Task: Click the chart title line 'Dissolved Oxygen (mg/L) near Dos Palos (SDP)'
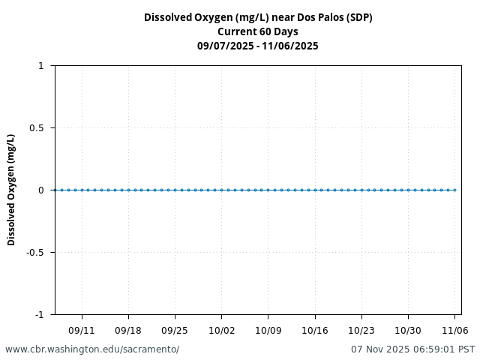point(258,17)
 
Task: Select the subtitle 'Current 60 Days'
point(258,31)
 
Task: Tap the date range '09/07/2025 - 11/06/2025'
point(258,46)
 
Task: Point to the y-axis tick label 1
point(41,66)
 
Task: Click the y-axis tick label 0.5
point(37,128)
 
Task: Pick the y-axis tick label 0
point(41,190)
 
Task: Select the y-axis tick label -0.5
point(35,253)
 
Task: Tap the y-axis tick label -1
point(39,314)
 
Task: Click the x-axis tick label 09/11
point(82,330)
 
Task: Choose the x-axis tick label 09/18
point(128,330)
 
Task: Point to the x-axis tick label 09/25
point(175,330)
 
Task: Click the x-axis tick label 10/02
point(221,330)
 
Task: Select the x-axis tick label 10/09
point(268,330)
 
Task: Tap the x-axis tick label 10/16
point(315,330)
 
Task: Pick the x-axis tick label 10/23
point(361,330)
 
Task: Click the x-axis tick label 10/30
point(408,330)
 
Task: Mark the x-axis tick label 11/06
point(454,330)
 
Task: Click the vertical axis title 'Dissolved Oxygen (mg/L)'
point(11,190)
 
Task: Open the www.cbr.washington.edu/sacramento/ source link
point(92,349)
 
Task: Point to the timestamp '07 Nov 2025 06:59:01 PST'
point(412,349)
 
